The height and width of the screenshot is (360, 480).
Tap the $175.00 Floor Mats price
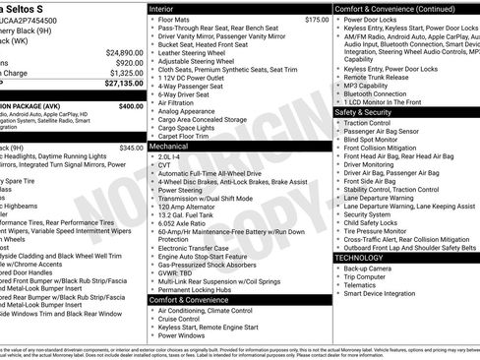(317, 20)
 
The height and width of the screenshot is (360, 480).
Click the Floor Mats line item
(173, 20)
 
